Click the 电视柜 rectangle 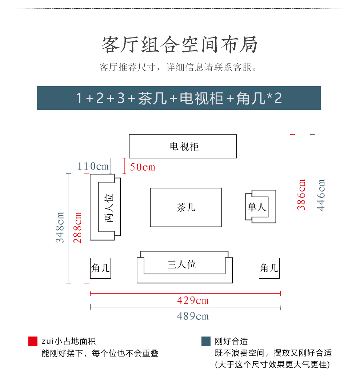point(183,146)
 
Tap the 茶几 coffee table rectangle point(186,207)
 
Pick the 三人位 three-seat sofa point(184,267)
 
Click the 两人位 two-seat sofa point(105,207)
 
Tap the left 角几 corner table point(100,268)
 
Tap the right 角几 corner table point(269,268)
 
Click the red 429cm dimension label point(193,301)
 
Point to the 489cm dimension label point(193,316)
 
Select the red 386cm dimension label point(301,194)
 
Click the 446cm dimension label point(321,194)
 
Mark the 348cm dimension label point(60,227)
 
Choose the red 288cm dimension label point(78,227)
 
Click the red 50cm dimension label point(143,167)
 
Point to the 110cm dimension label point(93,167)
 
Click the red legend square point(33,341)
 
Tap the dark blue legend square point(206,341)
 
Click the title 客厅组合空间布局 point(180,45)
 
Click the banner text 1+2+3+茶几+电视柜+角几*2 point(179,98)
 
